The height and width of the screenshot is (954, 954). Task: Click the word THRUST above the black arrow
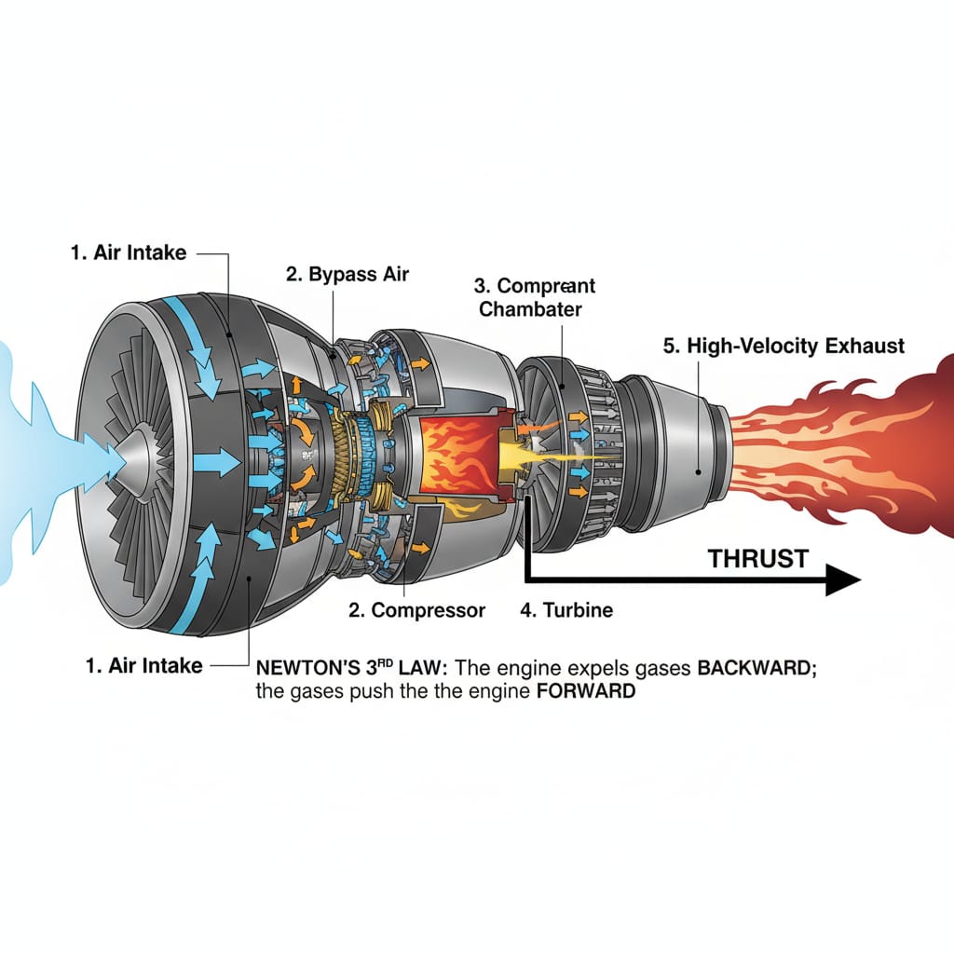757,559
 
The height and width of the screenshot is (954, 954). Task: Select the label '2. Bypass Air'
347,274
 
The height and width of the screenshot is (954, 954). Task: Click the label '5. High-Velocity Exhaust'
783,346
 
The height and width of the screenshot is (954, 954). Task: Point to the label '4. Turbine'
565,611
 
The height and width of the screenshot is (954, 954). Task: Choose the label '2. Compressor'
416,611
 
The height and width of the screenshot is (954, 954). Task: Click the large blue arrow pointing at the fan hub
223,459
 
